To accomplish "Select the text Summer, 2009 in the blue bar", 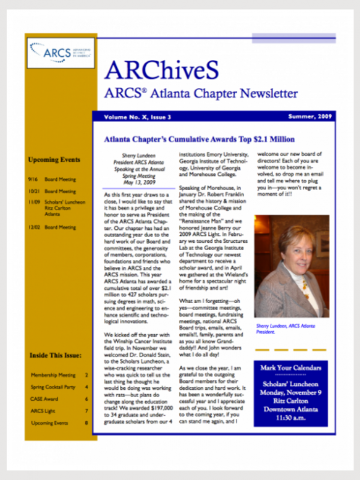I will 310,116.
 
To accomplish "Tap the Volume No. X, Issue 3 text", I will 137,116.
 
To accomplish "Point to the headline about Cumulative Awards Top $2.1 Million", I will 199,139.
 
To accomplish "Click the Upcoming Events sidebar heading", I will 54,160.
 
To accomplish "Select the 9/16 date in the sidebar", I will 33,179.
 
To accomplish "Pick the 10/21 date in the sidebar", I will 34,191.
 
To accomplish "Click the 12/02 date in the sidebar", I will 34,227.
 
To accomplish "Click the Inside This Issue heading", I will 55,356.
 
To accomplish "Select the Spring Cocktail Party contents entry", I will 53,387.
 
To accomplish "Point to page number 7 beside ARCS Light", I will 86,411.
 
